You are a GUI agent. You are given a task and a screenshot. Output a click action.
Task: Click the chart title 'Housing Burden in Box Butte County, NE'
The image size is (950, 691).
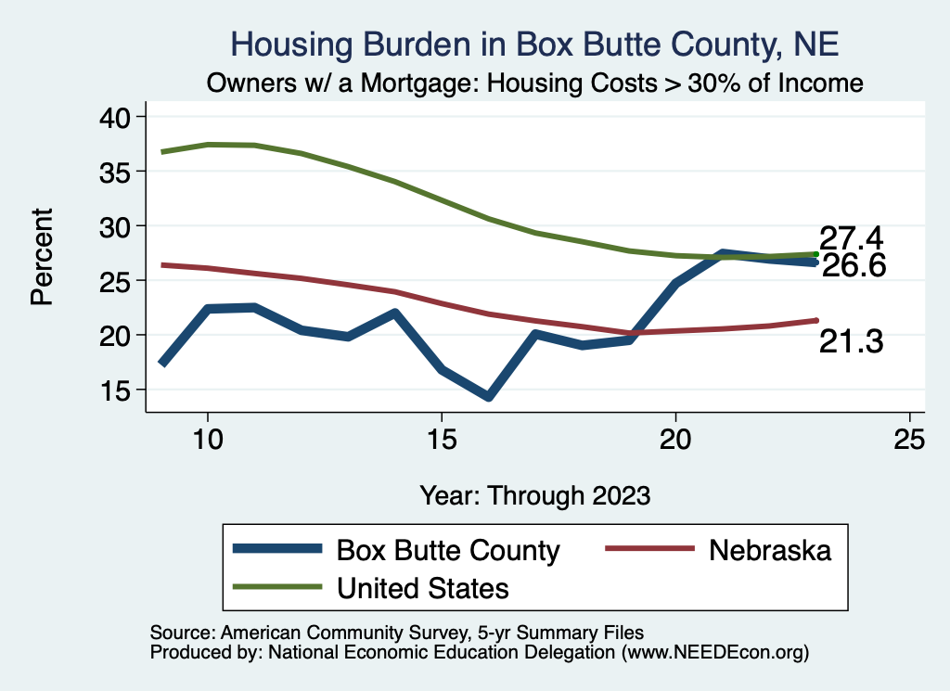pyautogui.click(x=533, y=45)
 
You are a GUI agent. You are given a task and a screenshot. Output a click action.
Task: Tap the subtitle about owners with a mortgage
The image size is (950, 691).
pyautogui.click(x=535, y=83)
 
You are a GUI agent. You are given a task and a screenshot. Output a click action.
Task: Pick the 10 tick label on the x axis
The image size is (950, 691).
pyautogui.click(x=208, y=439)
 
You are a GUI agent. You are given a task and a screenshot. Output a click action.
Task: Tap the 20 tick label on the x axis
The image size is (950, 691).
pyautogui.click(x=675, y=439)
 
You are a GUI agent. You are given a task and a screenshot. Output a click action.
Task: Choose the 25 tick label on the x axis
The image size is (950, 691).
pyautogui.click(x=909, y=439)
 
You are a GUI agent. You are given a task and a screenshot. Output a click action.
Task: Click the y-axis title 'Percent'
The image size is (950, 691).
pyautogui.click(x=42, y=257)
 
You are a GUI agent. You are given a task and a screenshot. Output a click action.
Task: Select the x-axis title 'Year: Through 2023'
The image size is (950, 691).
pyautogui.click(x=534, y=494)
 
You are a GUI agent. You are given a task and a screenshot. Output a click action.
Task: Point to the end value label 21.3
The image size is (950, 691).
pyautogui.click(x=850, y=342)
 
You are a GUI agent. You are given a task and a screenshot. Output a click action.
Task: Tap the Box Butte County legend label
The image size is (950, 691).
pyautogui.click(x=448, y=551)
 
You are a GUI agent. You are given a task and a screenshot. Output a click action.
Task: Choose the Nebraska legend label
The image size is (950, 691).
pyautogui.click(x=770, y=551)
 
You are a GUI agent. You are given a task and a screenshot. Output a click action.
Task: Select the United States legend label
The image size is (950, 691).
pyautogui.click(x=423, y=587)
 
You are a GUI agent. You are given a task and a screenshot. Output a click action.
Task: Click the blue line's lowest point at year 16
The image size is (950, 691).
pyautogui.click(x=488, y=397)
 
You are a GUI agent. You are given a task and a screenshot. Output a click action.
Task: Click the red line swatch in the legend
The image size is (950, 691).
pyautogui.click(x=649, y=550)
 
